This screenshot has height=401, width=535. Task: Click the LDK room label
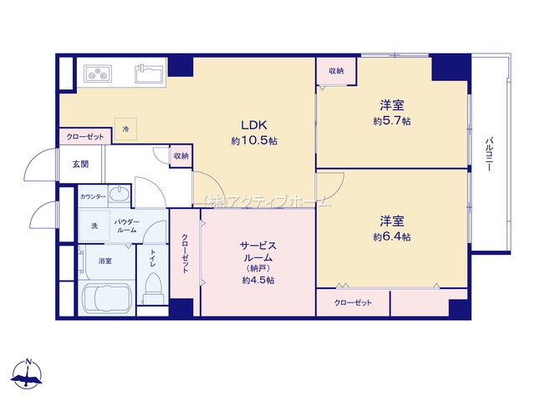(x=254, y=125)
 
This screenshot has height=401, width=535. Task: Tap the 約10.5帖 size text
(x=254, y=141)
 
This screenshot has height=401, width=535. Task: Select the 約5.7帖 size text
(x=392, y=121)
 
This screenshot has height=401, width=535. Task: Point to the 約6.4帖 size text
(x=392, y=236)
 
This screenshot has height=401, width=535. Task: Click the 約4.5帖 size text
(x=258, y=281)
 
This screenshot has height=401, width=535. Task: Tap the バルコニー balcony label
(x=489, y=154)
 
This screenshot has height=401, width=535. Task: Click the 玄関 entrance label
(x=81, y=165)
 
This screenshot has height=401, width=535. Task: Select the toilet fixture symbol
(x=153, y=288)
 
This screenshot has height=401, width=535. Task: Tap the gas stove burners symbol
(x=98, y=74)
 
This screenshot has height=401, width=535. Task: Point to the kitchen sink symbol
(x=149, y=74)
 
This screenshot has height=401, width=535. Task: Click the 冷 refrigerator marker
(x=126, y=129)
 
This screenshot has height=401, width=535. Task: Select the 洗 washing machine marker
(x=94, y=226)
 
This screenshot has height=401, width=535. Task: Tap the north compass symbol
(x=28, y=374)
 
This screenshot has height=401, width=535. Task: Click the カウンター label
(x=93, y=197)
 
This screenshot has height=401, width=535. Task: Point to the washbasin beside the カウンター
(x=119, y=195)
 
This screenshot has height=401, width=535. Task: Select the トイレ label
(x=153, y=258)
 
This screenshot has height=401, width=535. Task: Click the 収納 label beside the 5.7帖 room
(x=336, y=71)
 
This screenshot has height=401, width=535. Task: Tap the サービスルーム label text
(x=258, y=251)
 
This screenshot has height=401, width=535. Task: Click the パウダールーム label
(x=126, y=226)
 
